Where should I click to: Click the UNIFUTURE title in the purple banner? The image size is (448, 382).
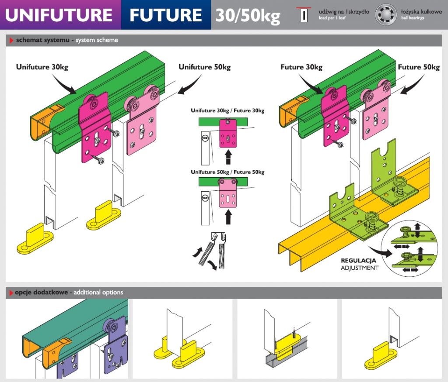coord(59,15)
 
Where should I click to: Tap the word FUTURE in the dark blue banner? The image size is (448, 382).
coord(165,15)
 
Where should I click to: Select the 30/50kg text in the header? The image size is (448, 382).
coord(248,16)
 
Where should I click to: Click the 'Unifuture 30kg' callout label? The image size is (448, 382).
coord(42,67)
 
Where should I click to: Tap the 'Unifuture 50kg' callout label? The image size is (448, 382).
coord(204,67)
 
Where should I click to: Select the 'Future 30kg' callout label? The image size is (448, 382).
coord(301,67)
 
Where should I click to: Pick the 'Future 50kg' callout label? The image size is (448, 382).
coord(419,67)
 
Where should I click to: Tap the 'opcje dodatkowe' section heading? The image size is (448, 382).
coord(41,292)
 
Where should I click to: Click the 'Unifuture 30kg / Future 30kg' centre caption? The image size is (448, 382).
coord(227,111)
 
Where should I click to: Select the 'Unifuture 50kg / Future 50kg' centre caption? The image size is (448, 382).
coord(227,172)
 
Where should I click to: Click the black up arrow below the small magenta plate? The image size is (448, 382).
coord(228,156)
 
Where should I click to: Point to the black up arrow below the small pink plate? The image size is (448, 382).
coord(228,217)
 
